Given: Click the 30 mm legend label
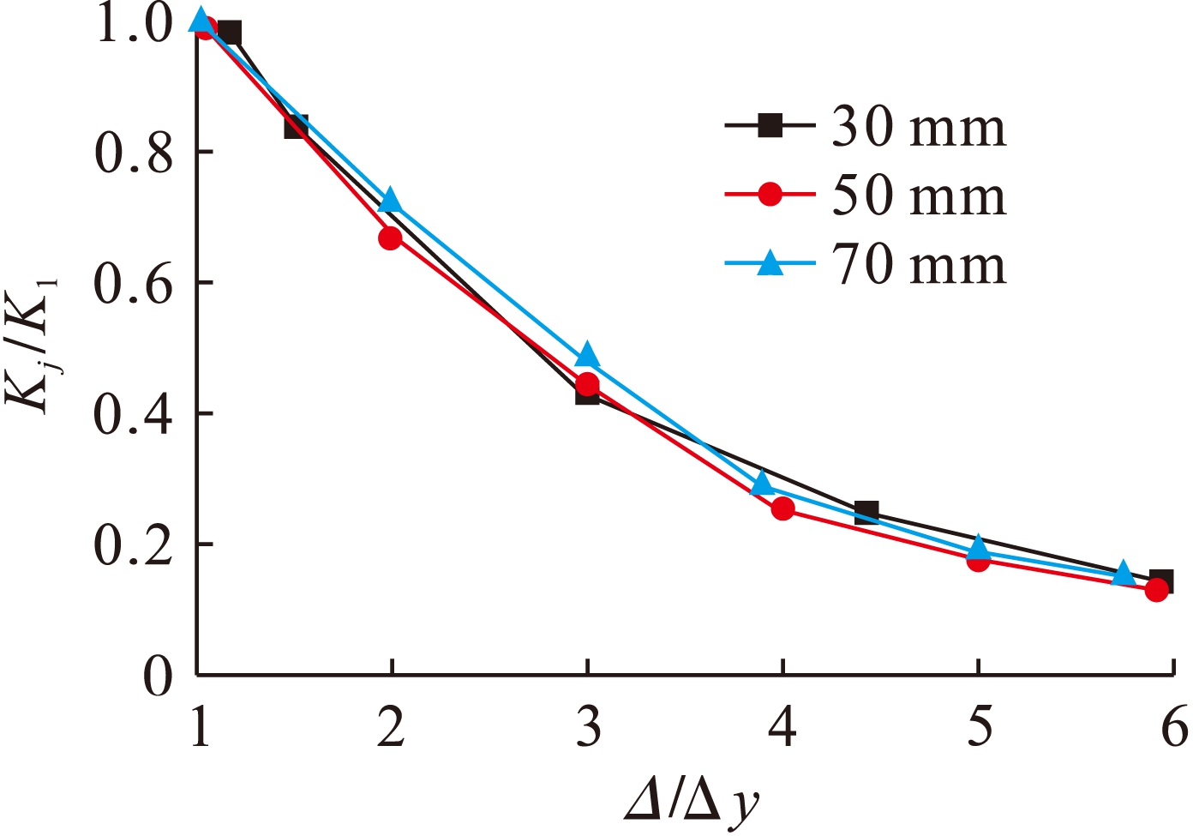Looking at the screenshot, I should click(x=919, y=128).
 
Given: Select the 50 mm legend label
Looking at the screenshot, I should click(x=919, y=196).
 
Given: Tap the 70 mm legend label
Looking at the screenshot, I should click(x=919, y=264).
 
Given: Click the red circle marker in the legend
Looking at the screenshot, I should click(x=770, y=195).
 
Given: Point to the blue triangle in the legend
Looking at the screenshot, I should click(x=770, y=262).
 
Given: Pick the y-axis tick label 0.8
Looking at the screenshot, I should click(x=134, y=152).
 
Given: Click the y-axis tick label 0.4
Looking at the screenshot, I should click(x=134, y=413).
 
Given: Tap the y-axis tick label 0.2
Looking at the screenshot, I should click(x=134, y=544).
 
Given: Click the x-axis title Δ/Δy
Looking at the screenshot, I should click(x=692, y=802).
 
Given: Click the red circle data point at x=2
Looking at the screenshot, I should click(x=390, y=238).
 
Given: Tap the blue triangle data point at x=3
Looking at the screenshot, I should click(x=587, y=355).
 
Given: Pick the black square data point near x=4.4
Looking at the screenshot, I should click(x=866, y=513).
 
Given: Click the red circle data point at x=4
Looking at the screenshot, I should click(x=782, y=508).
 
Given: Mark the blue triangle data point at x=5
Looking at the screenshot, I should click(x=979, y=546).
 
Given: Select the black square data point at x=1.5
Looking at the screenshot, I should click(x=296, y=127).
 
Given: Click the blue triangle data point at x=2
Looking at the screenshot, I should click(x=390, y=200).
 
